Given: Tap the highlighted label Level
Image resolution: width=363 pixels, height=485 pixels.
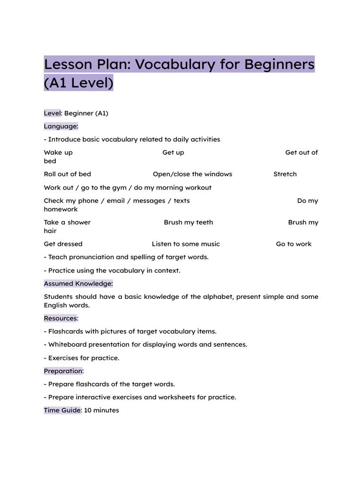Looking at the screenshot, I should click(52, 113).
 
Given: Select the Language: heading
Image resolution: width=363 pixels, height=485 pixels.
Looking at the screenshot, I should click(61, 126).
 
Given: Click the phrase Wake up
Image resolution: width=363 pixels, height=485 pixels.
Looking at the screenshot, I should click(58, 153).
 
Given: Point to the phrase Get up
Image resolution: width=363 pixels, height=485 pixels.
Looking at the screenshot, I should click(173, 153).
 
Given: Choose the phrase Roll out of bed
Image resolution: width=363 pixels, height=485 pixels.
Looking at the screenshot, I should click(67, 174).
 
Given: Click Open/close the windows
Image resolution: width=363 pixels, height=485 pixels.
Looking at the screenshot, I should click(192, 174).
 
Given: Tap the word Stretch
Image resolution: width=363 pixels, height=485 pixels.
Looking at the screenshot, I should click(285, 174).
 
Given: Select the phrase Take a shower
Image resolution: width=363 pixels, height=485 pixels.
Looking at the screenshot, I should click(67, 223).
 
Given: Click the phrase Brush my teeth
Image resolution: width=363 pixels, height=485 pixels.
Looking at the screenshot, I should click(188, 223).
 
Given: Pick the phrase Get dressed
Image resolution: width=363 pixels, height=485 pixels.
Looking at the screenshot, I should click(63, 244).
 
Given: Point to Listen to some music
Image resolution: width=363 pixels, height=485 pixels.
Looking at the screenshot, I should click(186, 244).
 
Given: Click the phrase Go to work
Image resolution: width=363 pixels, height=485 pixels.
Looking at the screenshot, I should click(294, 244).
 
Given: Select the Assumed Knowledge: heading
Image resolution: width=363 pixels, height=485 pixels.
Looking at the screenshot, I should click(78, 284).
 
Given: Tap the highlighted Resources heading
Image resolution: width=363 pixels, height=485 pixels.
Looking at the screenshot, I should click(60, 318).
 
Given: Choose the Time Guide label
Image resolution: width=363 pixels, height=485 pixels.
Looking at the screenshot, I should click(62, 410).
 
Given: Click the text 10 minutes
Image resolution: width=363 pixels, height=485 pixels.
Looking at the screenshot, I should click(102, 410).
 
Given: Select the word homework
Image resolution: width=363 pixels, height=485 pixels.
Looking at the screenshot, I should click(60, 209).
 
